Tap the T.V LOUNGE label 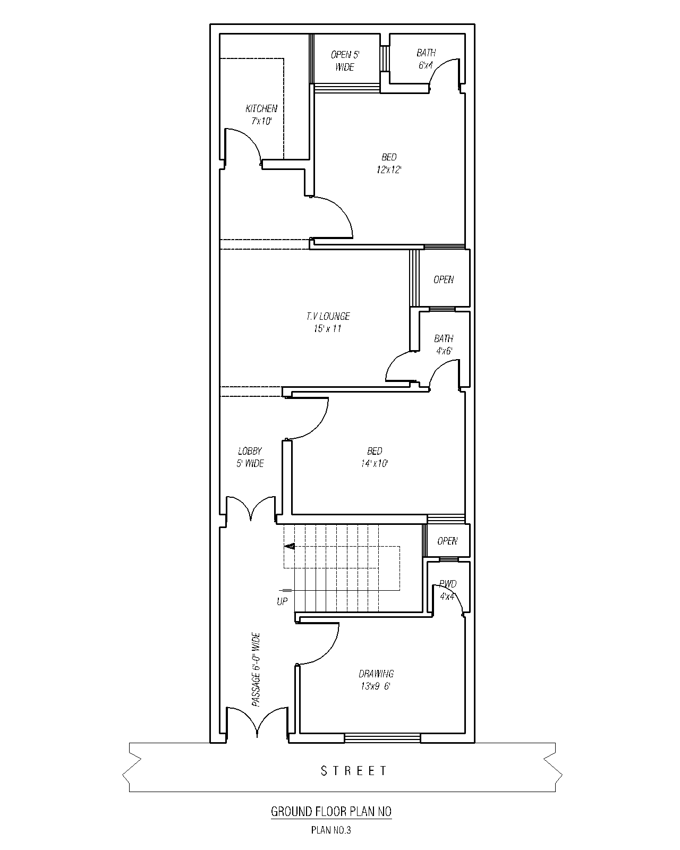pos(328,316)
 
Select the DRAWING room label pos(376,674)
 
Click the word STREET pos(354,771)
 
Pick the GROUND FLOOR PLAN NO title pos(331,812)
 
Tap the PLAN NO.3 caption pos(331,830)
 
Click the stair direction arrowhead pos(290,546)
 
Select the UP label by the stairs pos(282,601)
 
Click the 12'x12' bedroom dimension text pos(389,170)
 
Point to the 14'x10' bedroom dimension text pos(375,463)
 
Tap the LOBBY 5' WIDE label pos(250,457)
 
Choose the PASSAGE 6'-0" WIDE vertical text pos(256,669)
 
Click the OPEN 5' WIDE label pos(345,61)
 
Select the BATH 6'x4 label pos(426,59)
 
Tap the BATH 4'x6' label pos(444,344)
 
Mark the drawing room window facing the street pos(382,738)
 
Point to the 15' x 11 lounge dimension pos(328,329)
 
